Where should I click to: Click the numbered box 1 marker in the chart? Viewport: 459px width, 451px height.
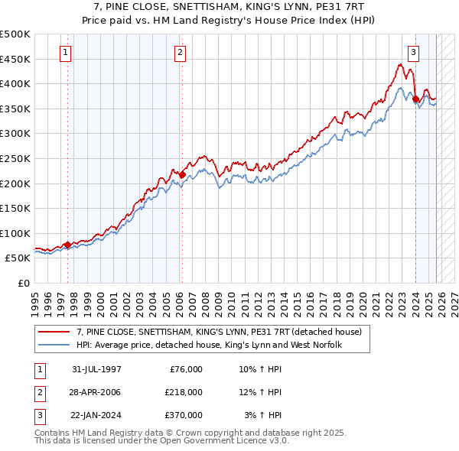tap(65, 53)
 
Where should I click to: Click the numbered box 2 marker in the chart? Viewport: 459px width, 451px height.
tap(180, 53)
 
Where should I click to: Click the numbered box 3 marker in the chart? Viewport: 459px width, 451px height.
tap(413, 53)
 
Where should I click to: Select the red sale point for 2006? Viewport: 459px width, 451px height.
tap(182, 174)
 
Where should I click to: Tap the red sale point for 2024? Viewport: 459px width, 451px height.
tap(415, 99)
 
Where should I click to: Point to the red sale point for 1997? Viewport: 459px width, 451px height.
tap(67, 245)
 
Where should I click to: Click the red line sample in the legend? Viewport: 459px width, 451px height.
tap(54, 332)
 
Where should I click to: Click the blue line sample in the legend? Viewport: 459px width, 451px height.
tap(54, 345)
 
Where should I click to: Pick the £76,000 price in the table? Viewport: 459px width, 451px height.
tap(184, 369)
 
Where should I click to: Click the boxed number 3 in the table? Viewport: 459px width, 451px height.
tap(38, 415)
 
